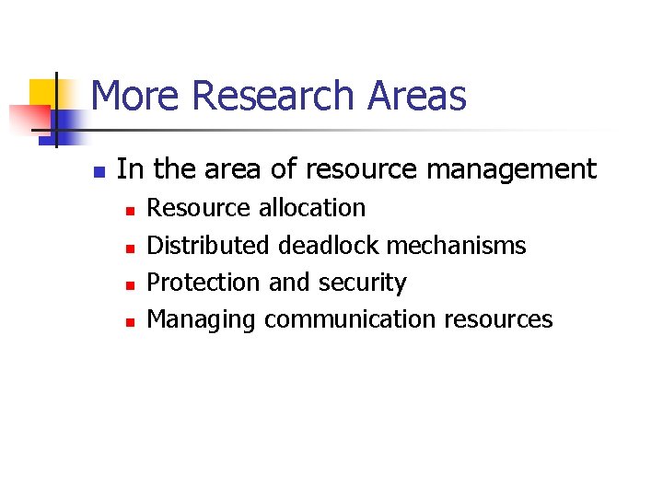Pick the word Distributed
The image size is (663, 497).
209,246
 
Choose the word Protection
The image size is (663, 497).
204,283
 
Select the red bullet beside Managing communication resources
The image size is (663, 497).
130,322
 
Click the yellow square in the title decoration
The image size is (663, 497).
43,93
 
